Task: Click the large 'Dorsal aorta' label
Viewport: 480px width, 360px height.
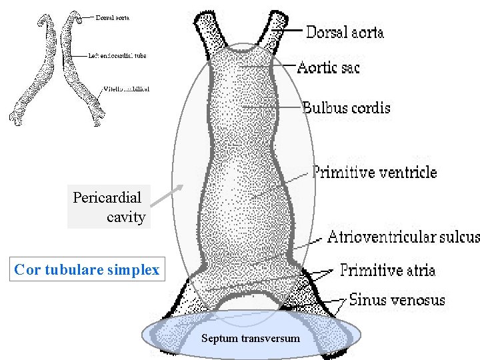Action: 345,31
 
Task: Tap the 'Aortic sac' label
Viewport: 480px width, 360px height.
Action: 328,67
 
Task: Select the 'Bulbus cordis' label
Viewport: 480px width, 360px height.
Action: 346,107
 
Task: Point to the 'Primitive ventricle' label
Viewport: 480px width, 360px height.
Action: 375,173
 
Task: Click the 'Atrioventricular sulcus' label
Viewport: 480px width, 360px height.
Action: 403,237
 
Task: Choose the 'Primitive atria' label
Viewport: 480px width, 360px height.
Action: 388,270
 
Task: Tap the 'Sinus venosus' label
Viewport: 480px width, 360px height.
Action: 397,300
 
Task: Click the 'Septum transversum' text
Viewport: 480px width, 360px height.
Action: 251,339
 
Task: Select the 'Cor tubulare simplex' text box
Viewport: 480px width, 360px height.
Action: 87,270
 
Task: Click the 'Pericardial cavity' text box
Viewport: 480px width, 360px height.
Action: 109,207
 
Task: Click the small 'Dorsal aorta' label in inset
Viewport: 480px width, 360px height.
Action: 112,18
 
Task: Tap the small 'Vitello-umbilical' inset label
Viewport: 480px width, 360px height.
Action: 126,89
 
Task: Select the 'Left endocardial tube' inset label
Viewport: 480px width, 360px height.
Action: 117,55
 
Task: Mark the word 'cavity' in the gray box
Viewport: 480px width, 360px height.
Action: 126,217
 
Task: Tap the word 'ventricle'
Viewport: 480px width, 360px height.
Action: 408,173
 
